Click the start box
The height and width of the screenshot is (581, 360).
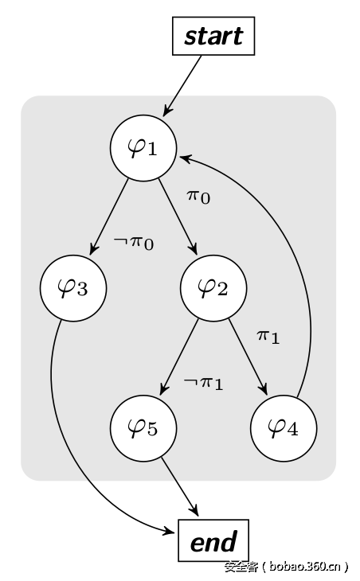213,37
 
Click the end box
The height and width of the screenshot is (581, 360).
213,541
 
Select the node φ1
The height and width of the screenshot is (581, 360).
143,147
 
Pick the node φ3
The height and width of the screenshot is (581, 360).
73,288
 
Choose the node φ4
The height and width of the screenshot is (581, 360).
284,428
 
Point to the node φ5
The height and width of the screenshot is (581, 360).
143,428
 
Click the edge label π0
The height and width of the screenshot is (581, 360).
198,195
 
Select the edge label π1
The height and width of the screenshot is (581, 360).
268,336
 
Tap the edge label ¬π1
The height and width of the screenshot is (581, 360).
203,383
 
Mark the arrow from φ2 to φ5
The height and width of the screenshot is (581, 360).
179,357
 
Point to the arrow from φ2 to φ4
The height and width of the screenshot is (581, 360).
248,357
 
